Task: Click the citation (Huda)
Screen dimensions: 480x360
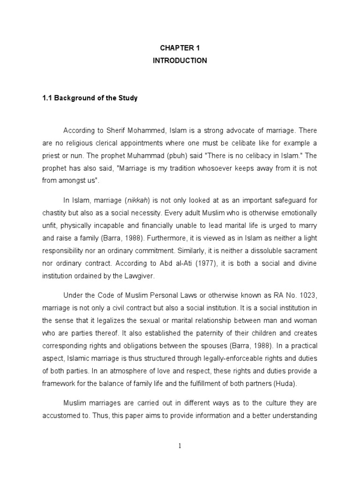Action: tap(287, 383)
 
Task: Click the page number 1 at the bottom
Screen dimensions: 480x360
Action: tap(180, 446)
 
